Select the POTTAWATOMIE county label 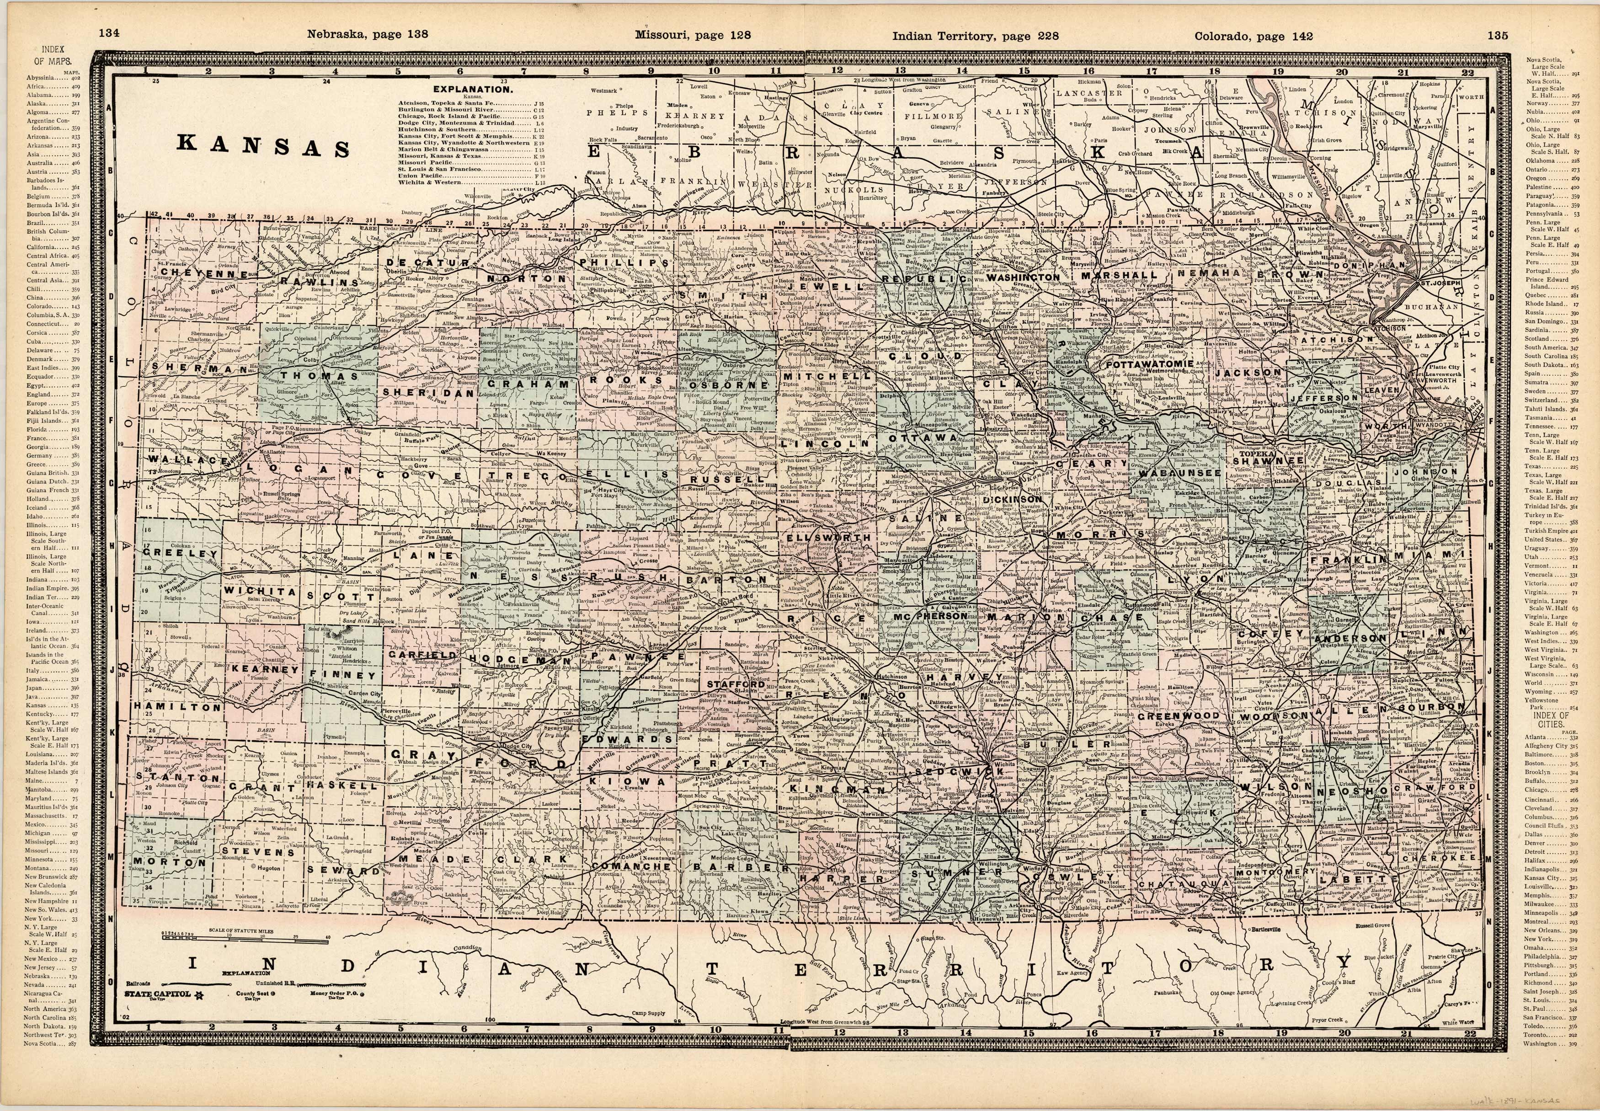1149,364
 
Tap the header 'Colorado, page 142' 1253,36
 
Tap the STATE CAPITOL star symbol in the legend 197,994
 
